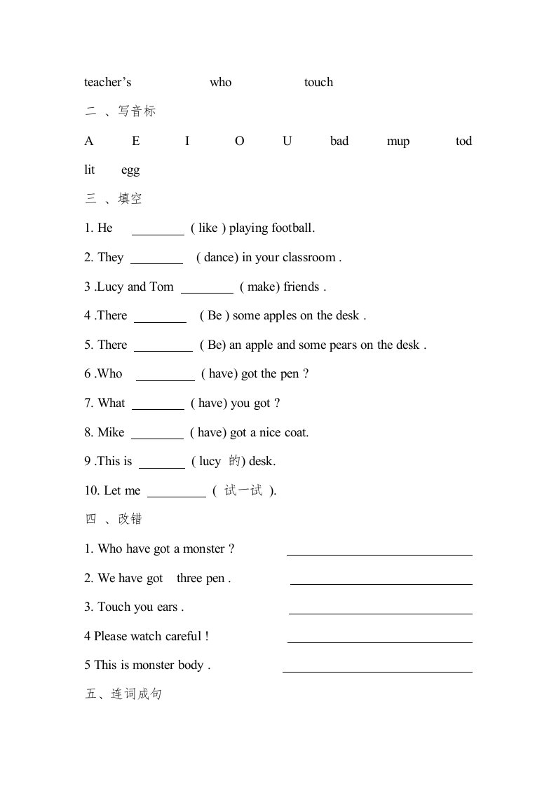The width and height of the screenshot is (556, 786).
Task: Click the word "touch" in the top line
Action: coord(318,83)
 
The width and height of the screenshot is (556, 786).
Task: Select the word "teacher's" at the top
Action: coord(108,83)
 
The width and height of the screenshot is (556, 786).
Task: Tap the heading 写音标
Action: coord(137,111)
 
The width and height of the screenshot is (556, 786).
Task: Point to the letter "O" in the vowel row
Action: coord(240,142)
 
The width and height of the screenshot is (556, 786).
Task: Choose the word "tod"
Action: coord(463,142)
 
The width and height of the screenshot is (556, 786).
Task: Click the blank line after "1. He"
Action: coord(158,233)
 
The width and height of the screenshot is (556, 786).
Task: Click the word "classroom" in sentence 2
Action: coord(308,258)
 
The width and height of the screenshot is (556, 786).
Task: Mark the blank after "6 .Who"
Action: coord(165,379)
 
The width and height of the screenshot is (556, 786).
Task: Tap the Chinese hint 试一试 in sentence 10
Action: coord(243,491)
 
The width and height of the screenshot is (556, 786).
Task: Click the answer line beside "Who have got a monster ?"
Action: coord(379,554)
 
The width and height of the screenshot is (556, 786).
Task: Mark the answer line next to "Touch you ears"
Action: coord(380,613)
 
